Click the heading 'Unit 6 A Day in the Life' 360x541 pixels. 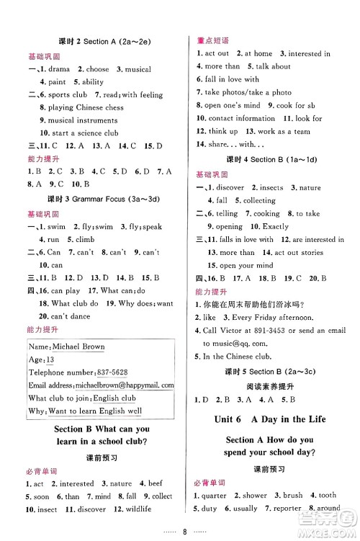(x=276, y=419)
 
